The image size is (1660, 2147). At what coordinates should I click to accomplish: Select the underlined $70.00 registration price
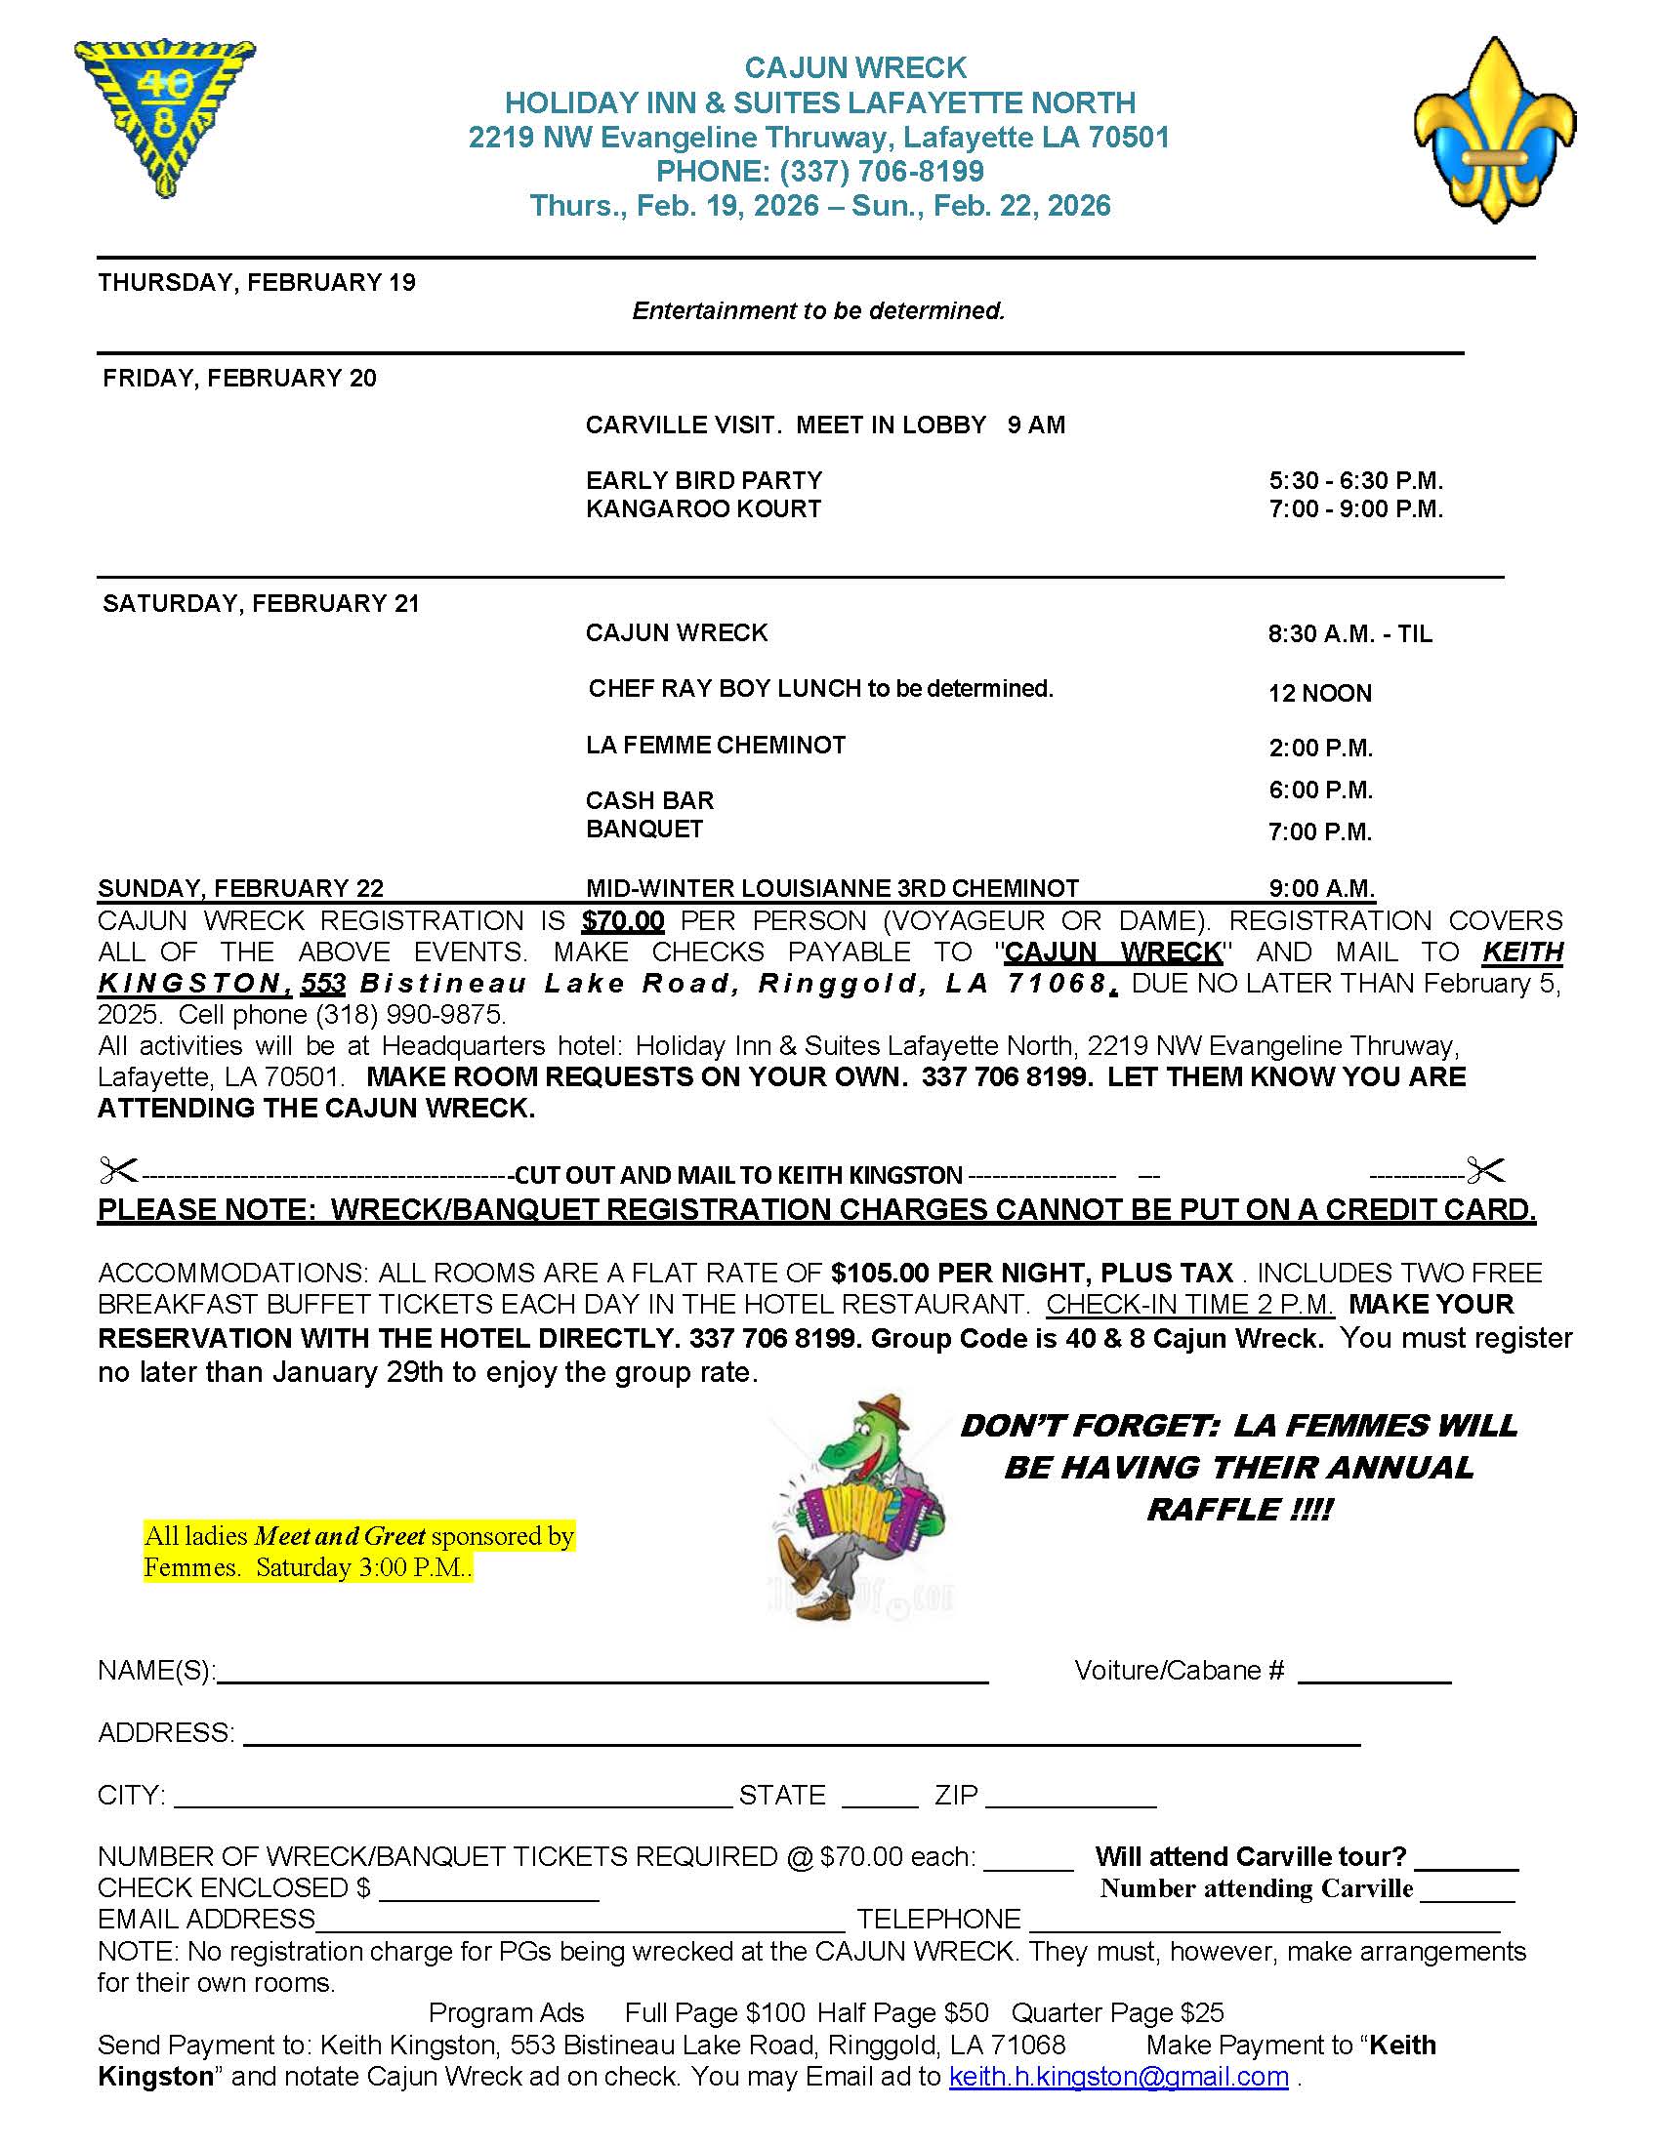[x=623, y=921]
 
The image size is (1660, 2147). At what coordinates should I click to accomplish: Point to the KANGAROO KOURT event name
[x=703, y=509]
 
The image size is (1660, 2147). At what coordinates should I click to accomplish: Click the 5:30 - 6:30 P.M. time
[x=1355, y=481]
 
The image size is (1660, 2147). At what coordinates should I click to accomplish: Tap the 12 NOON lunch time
[x=1320, y=693]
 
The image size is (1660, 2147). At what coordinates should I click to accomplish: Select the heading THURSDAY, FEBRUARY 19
[x=257, y=283]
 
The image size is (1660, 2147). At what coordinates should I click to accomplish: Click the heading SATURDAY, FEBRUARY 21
[x=261, y=603]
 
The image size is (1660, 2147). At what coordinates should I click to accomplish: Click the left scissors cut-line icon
[x=119, y=1171]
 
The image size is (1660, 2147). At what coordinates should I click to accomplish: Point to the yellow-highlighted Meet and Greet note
[x=358, y=1552]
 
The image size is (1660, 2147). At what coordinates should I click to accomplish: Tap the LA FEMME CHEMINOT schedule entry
[x=716, y=746]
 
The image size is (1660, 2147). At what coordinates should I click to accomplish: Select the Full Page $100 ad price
[x=715, y=2013]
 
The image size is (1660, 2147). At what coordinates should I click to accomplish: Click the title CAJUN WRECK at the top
[x=855, y=68]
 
